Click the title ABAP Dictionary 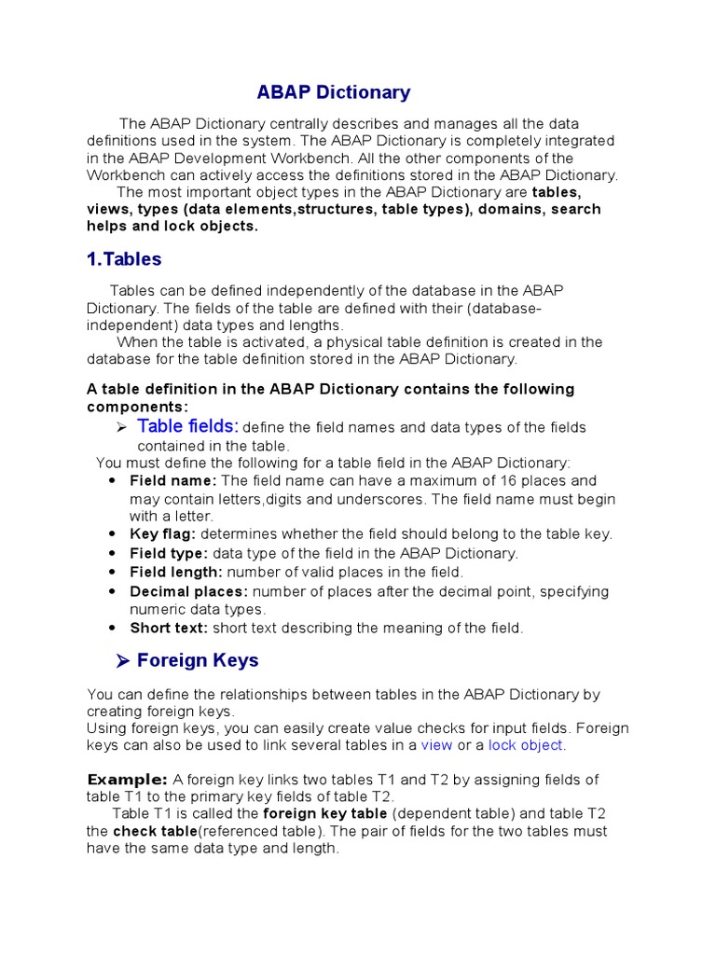[333, 92]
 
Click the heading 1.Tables [124, 259]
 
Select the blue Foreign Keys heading [198, 660]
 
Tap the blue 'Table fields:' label [188, 426]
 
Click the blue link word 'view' [436, 745]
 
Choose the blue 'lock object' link [526, 745]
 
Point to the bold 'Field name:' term [173, 481]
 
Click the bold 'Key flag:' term [163, 534]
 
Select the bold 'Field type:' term [169, 553]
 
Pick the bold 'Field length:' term [176, 572]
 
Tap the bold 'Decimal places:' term [189, 591]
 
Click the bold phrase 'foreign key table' [320, 813]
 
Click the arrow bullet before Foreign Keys [121, 661]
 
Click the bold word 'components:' [138, 407]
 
